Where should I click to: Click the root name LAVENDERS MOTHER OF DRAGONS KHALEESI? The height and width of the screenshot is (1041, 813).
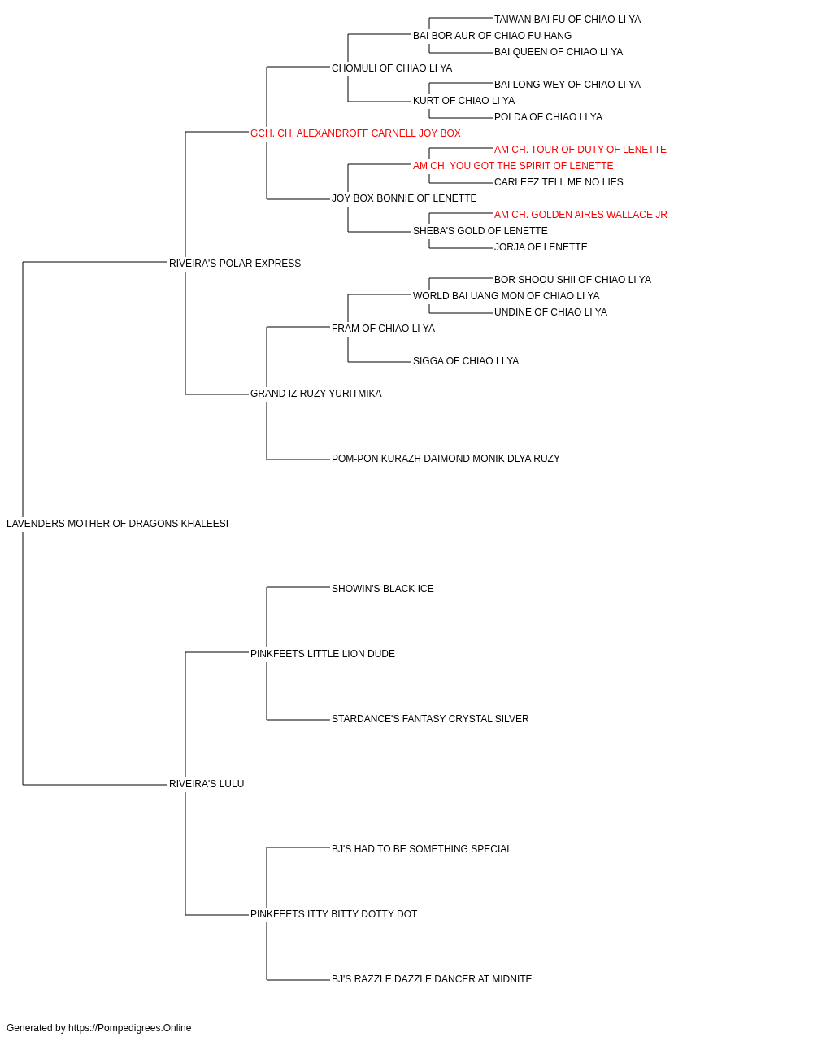(x=117, y=524)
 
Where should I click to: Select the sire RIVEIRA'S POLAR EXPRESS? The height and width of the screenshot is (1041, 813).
(x=235, y=264)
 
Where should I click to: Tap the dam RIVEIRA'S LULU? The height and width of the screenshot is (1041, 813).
(x=207, y=784)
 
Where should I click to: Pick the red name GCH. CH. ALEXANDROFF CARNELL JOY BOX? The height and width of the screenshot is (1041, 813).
(x=355, y=133)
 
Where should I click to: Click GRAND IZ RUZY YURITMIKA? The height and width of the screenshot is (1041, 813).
(x=316, y=394)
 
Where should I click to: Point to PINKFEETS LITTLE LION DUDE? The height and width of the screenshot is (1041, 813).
(x=323, y=653)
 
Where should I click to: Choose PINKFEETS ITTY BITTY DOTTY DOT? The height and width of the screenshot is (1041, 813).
(x=333, y=913)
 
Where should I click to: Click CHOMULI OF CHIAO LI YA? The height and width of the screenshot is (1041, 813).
(x=392, y=68)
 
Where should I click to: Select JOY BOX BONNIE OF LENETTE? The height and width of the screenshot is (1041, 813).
(x=404, y=198)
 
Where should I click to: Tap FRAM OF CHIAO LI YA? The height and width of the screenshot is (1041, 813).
(x=383, y=328)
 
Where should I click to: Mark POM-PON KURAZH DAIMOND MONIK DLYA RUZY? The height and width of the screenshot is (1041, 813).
(x=446, y=459)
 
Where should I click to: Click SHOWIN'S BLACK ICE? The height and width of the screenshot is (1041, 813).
(x=383, y=588)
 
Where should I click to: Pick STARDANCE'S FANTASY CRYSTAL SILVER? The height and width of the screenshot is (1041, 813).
(x=430, y=719)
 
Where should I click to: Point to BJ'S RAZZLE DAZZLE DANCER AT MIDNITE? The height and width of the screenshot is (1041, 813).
(x=432, y=978)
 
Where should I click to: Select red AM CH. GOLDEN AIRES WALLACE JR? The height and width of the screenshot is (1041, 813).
(x=580, y=215)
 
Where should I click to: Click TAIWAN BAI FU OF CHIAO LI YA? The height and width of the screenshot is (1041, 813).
(x=567, y=20)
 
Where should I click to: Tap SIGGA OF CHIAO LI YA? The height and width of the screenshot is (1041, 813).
(x=466, y=361)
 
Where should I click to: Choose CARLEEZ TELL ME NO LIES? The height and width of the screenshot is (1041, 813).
(x=559, y=182)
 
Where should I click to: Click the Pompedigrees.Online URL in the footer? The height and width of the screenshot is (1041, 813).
(x=130, y=1028)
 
